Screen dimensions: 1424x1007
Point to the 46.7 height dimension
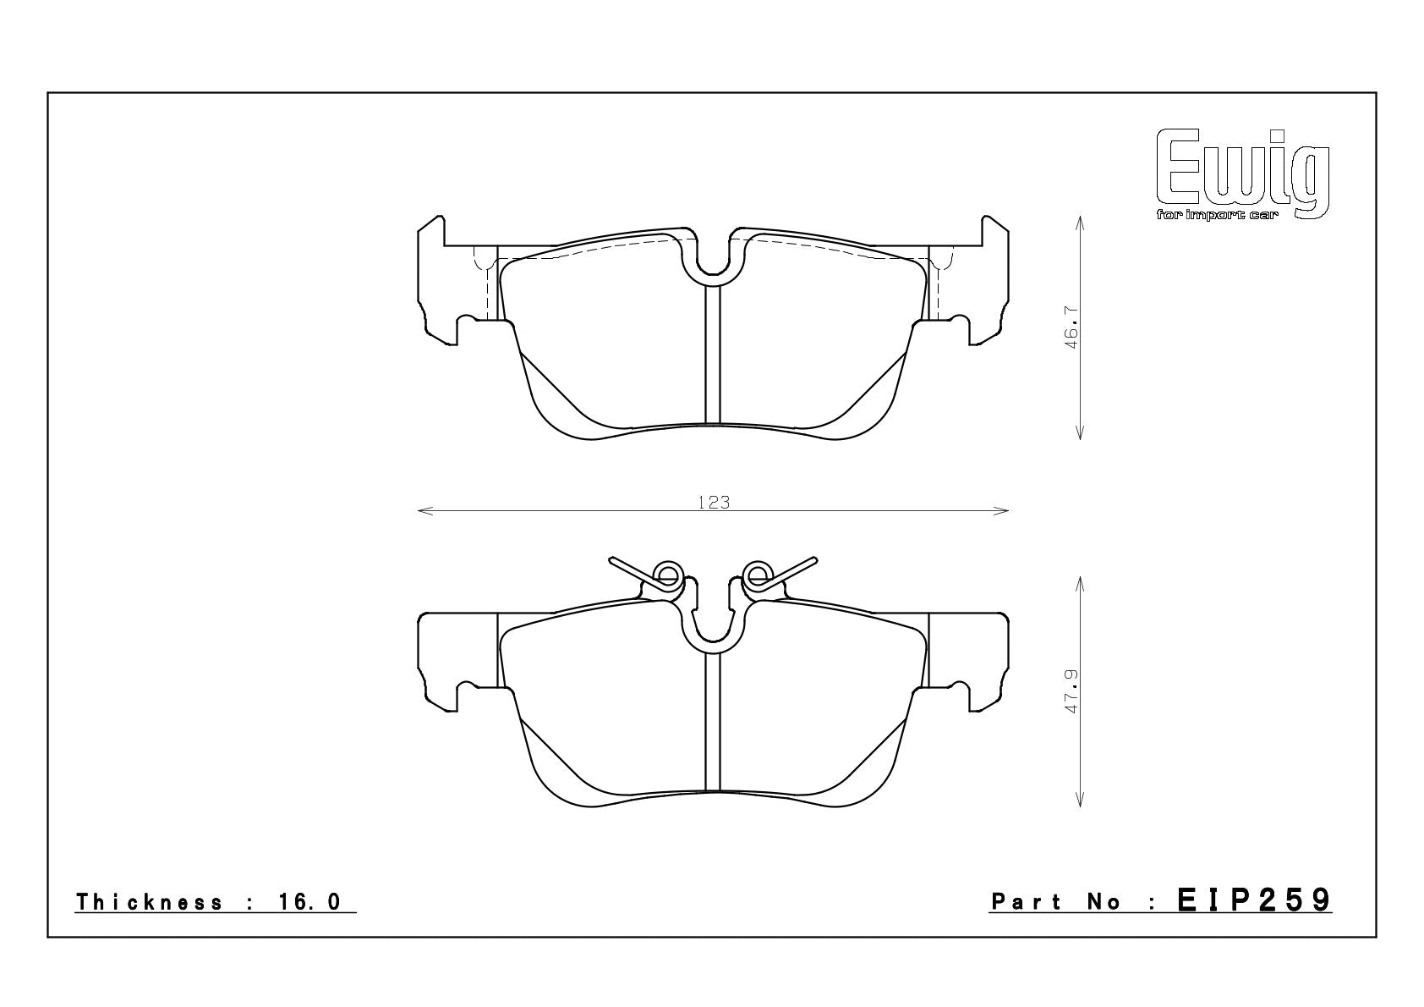point(1072,327)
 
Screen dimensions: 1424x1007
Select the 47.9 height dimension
point(1072,691)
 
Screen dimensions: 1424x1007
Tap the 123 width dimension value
point(714,503)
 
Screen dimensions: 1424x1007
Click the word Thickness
point(150,902)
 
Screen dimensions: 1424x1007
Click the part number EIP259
point(1254,900)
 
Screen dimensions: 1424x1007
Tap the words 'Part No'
point(1056,902)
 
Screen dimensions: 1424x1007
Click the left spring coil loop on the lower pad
point(667,575)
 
